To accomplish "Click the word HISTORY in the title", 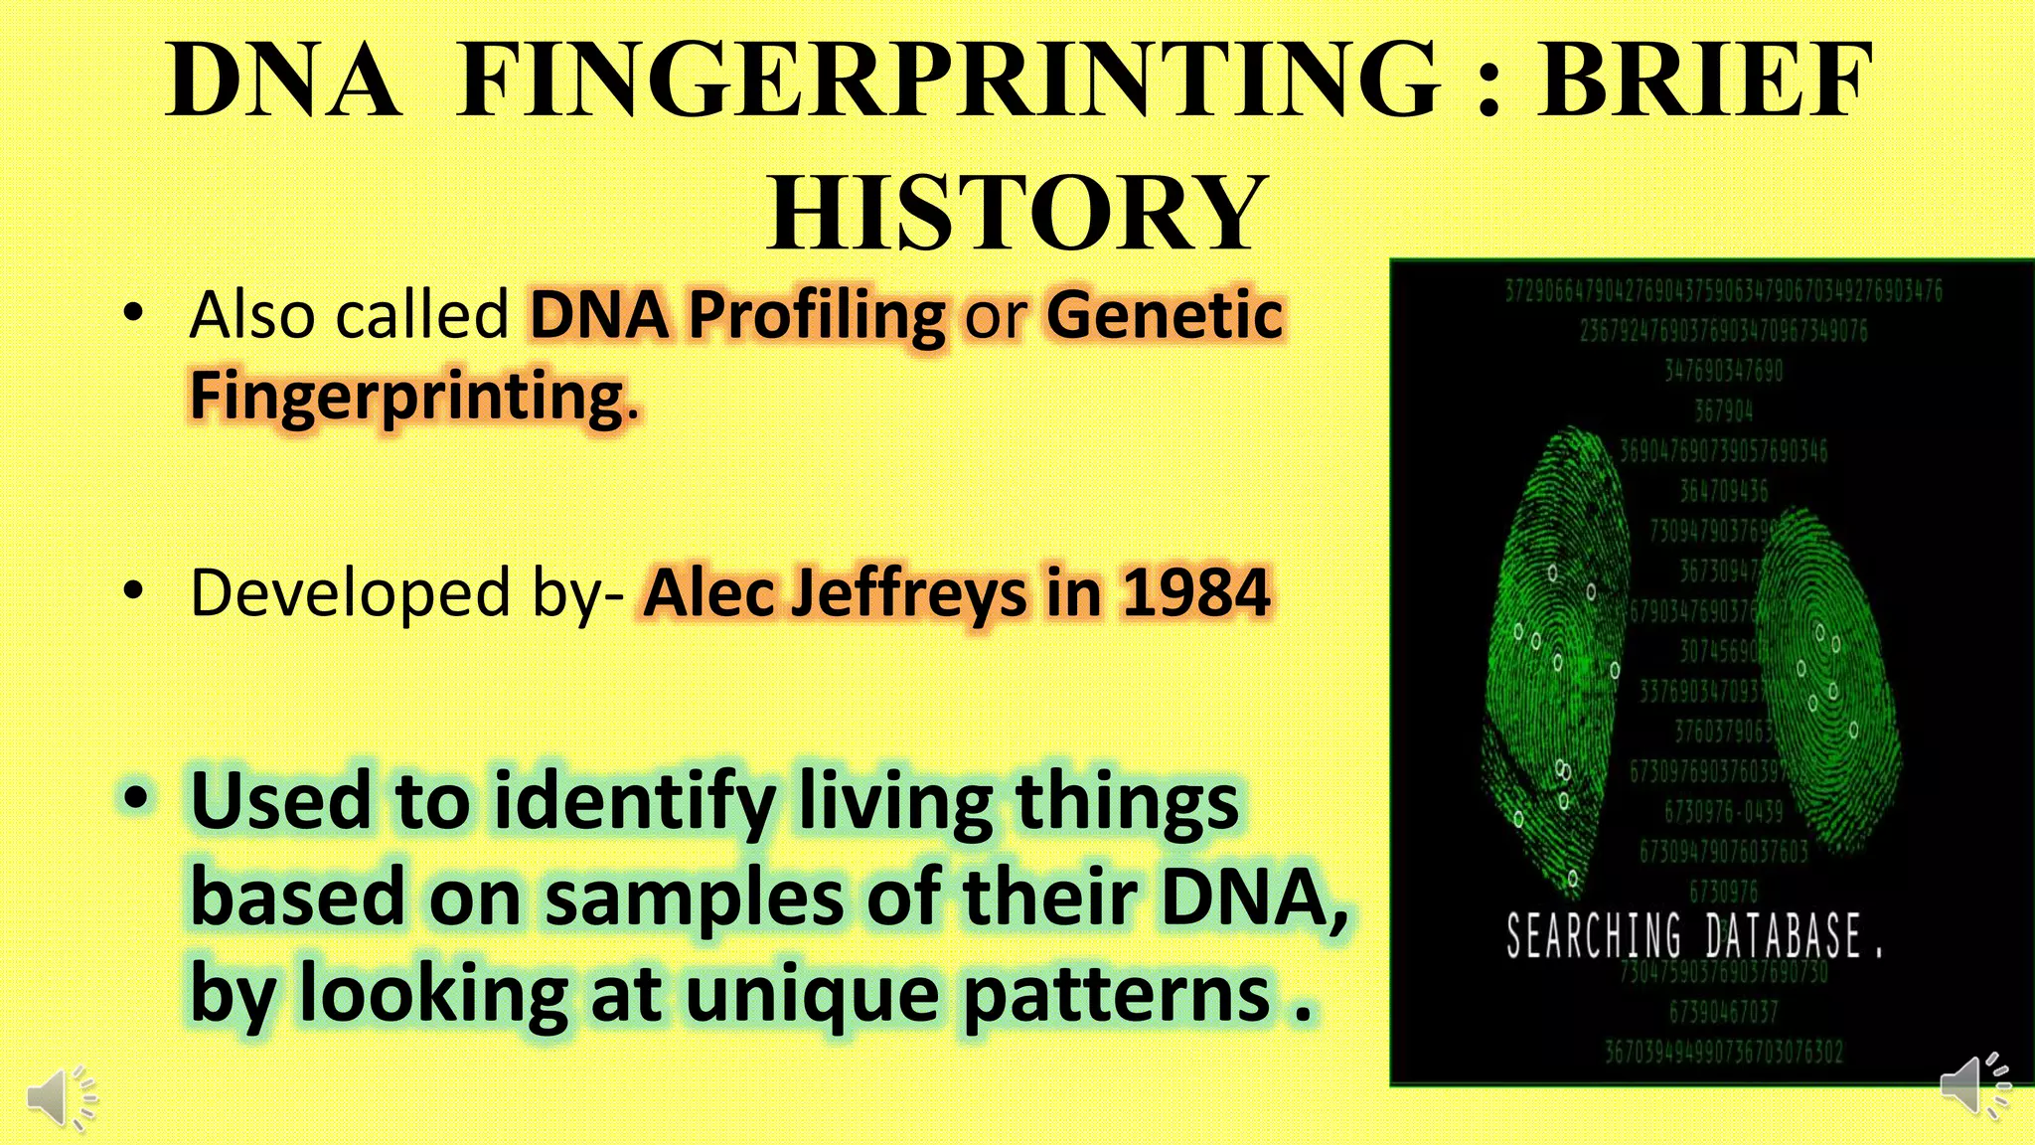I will (1016, 213).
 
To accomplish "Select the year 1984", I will (1195, 593).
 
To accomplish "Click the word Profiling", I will (817, 316).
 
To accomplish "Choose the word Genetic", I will (1165, 316).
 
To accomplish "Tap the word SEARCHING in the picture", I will (1593, 936).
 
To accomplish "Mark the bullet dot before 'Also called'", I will (133, 314).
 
